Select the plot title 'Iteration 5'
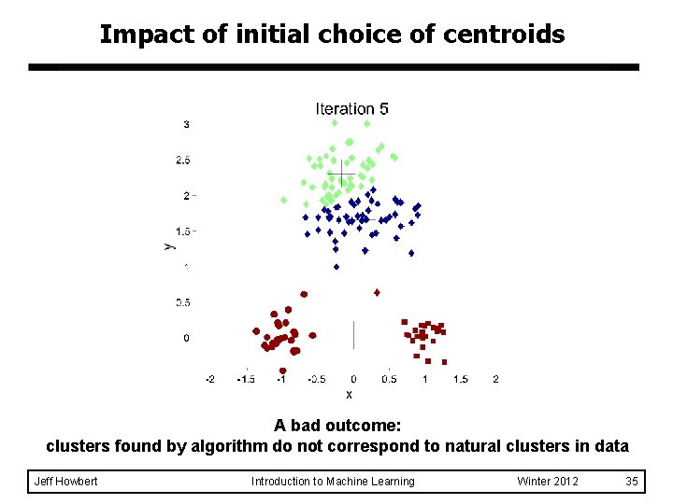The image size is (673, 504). point(351,109)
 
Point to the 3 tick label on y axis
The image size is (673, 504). point(187,124)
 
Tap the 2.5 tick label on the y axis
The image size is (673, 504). point(183,161)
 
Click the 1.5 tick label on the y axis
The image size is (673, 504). point(183,231)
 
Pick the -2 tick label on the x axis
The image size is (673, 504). point(209,379)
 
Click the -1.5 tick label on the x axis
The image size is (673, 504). point(245,379)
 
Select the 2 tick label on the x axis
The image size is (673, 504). point(495,379)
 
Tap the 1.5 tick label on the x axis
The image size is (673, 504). point(460,379)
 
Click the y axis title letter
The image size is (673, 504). point(168,245)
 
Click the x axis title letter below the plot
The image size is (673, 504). point(349,394)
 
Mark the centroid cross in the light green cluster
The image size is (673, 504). point(341,175)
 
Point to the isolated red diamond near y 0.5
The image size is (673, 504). point(377,292)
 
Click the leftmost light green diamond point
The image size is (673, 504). point(283,200)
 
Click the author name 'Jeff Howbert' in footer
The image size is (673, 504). point(65,482)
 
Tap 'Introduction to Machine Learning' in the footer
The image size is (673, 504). point(333,482)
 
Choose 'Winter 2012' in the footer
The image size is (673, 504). point(548,482)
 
